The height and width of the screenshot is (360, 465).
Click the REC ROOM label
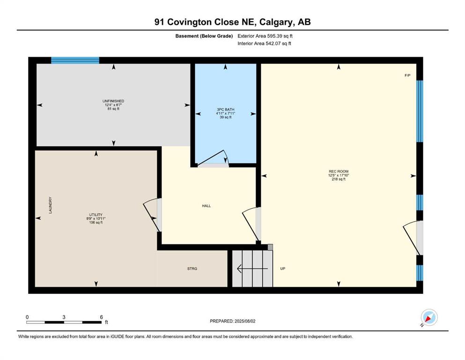[339, 171]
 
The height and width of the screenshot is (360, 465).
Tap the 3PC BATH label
[225, 110]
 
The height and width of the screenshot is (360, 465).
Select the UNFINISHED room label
[113, 101]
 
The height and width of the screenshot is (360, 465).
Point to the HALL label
[207, 206]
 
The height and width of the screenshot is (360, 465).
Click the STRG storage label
[192, 269]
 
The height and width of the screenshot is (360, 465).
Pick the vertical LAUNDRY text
[51, 205]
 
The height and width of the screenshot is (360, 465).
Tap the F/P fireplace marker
[407, 75]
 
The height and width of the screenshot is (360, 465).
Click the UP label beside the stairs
[283, 269]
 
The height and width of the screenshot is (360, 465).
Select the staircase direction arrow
[252, 269]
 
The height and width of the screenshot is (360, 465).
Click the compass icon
[429, 318]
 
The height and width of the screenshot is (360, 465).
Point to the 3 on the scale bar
[64, 317]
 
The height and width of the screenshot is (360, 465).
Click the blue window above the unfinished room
[75, 60]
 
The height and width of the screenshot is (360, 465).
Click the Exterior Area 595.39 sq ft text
[265, 36]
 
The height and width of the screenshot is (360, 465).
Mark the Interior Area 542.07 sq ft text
[264, 43]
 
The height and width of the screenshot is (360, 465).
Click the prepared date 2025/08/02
[244, 321]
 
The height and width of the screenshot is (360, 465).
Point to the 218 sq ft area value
[339, 179]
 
